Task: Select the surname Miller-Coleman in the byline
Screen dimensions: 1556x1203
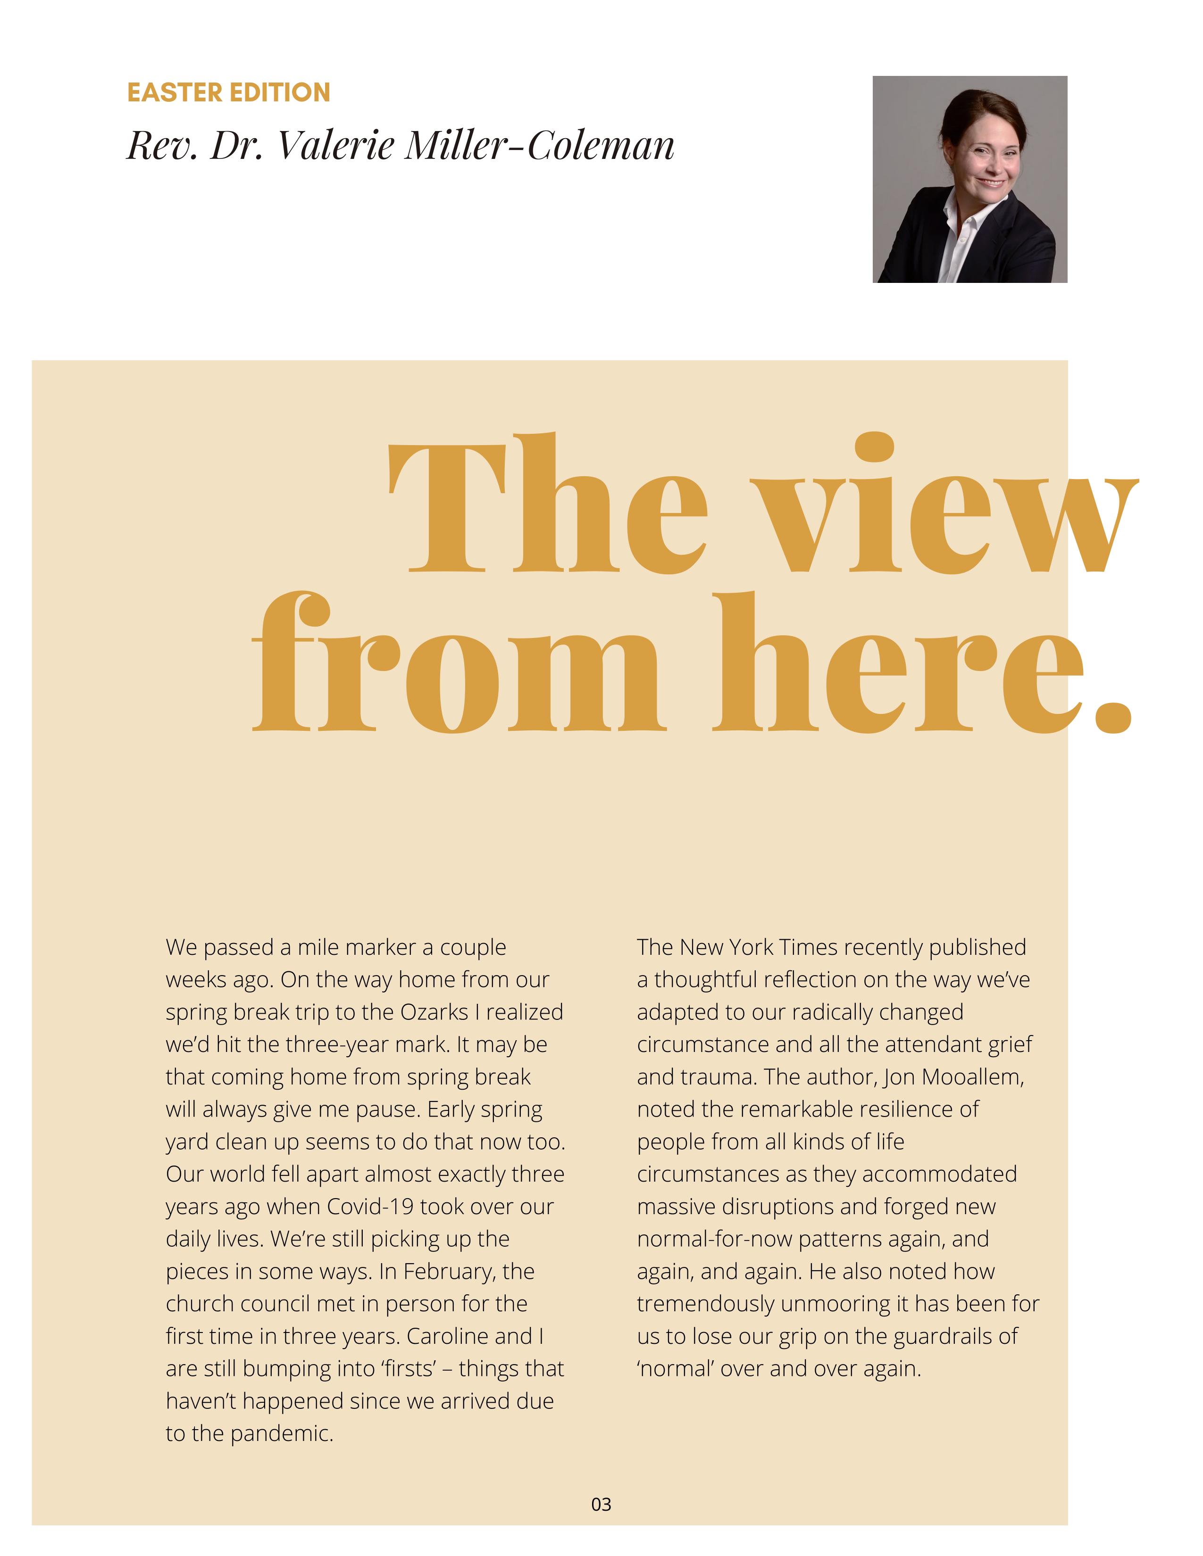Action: (539, 146)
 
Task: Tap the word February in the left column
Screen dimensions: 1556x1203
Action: (449, 1272)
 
